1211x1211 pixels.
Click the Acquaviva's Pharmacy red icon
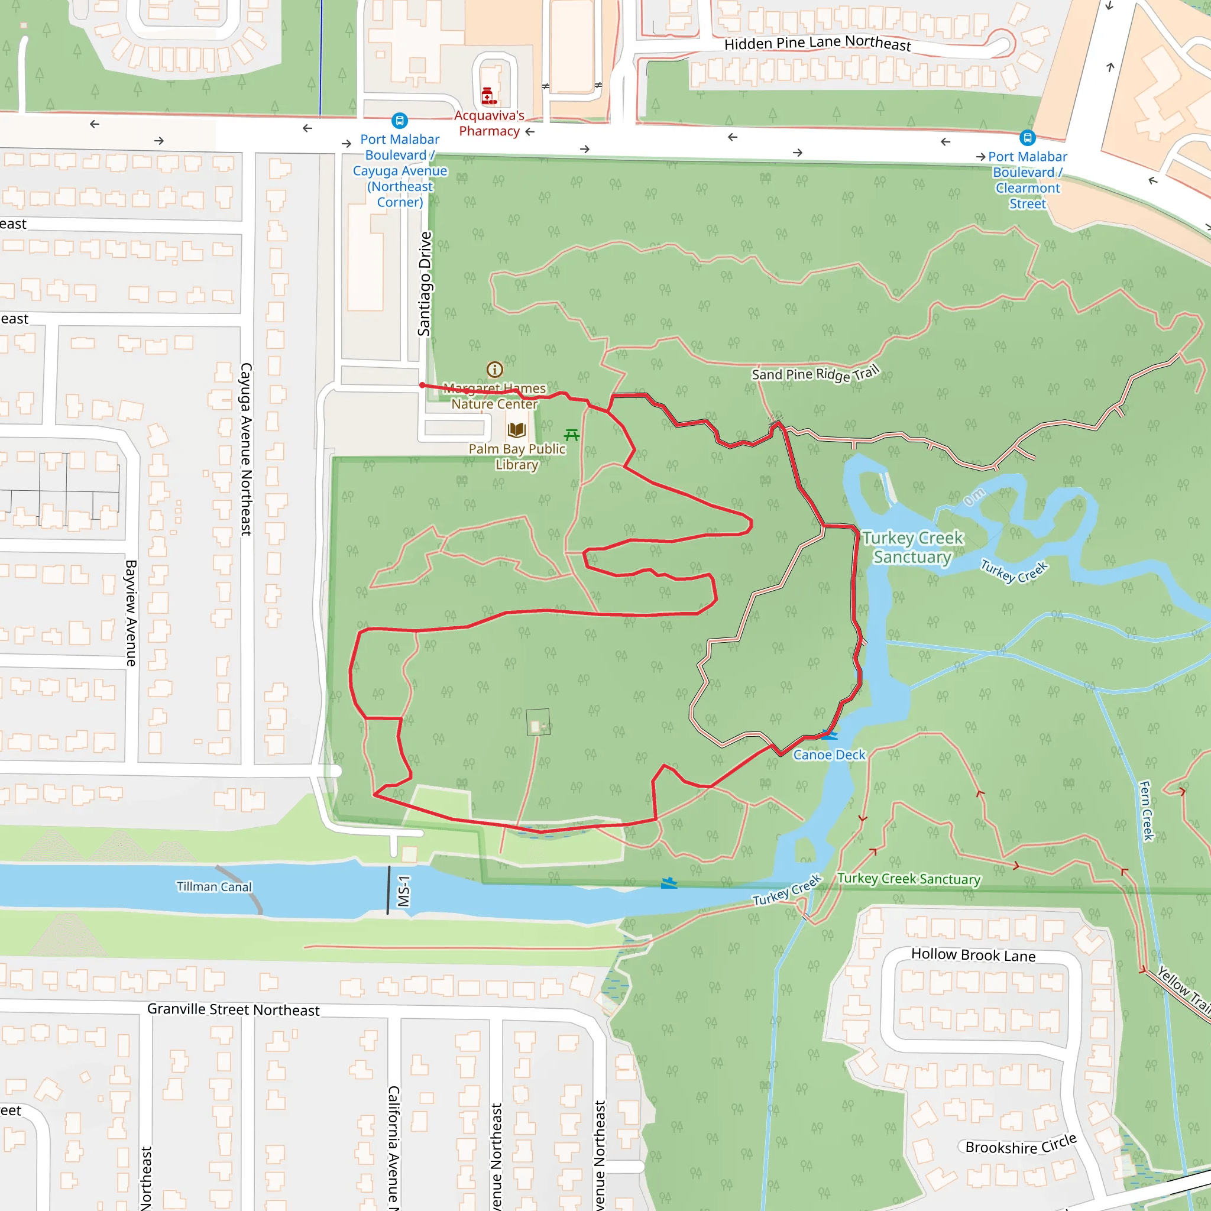(488, 96)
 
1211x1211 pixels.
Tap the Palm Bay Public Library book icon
(516, 429)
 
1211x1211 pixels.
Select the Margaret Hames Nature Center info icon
(494, 369)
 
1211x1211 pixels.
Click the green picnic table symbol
(572, 435)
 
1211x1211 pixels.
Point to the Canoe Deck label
(828, 755)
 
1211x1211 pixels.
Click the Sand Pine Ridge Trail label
(815, 374)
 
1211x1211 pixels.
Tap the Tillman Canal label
(213, 886)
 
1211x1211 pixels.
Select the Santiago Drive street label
(425, 283)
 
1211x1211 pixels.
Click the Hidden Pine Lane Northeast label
(817, 43)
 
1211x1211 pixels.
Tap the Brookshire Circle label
(1021, 1145)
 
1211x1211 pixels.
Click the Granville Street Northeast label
(233, 1009)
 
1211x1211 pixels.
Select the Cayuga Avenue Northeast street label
(247, 449)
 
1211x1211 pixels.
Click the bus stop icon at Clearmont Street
(1027, 137)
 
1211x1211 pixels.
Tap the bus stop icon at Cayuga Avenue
(399, 121)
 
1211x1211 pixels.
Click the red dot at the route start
(422, 386)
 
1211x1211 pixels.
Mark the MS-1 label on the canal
(404, 891)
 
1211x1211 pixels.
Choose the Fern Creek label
(1147, 811)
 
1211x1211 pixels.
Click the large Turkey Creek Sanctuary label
(912, 547)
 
